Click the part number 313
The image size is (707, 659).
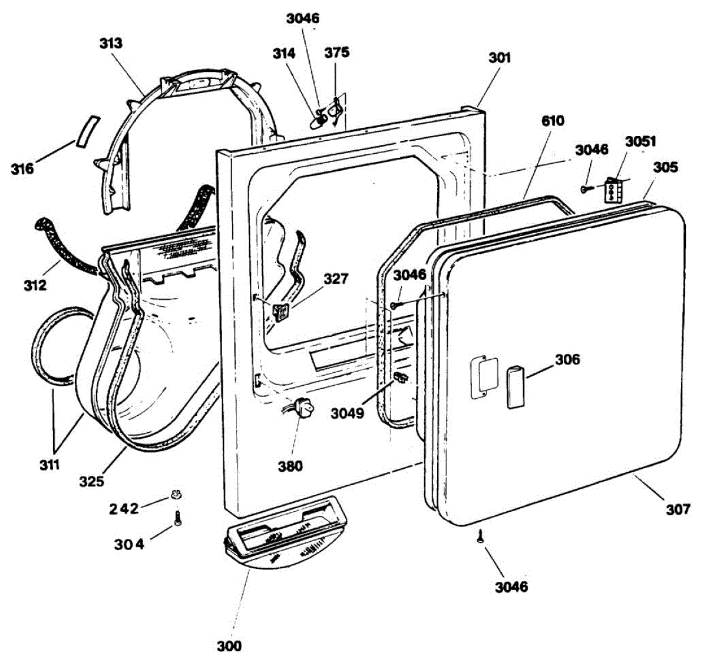pyautogui.click(x=111, y=43)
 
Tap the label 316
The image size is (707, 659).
pyautogui.click(x=22, y=169)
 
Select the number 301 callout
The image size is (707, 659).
pyautogui.click(x=500, y=58)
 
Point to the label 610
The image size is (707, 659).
pyautogui.click(x=553, y=121)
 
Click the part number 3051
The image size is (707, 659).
pyautogui.click(x=640, y=141)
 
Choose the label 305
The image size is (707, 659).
pyautogui.click(x=666, y=167)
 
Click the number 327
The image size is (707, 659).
pyautogui.click(x=335, y=278)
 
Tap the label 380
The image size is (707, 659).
pyautogui.click(x=290, y=466)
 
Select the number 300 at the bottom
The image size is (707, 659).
pyautogui.click(x=229, y=645)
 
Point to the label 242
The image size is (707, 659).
pyautogui.click(x=124, y=508)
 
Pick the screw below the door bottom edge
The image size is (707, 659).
pyautogui.click(x=480, y=535)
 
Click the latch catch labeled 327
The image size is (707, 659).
pyautogui.click(x=280, y=311)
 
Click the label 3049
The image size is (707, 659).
pyautogui.click(x=347, y=413)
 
